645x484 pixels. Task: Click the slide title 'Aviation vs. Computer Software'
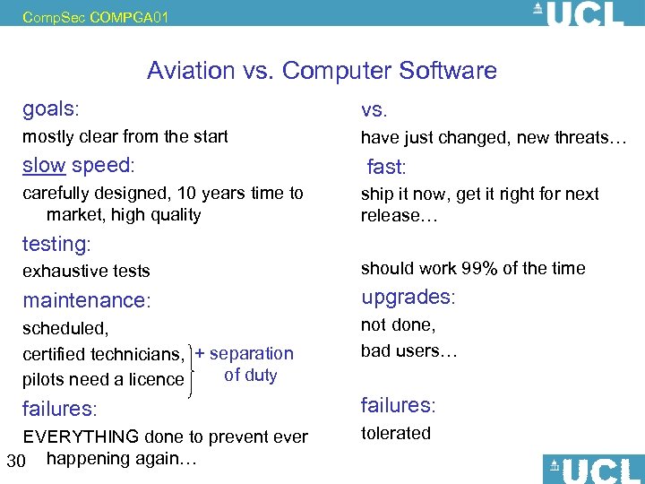point(322,71)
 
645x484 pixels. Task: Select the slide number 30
point(14,461)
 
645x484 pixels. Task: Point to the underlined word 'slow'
point(44,165)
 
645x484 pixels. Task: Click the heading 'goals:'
point(51,109)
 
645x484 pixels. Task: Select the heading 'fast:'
point(386,167)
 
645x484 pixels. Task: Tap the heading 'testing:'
point(57,243)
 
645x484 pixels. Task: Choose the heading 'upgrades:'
point(408,297)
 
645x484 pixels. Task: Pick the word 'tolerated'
point(396,433)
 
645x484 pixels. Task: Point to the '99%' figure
point(483,268)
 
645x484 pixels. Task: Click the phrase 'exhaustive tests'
point(86,271)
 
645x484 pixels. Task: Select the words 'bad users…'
point(408,350)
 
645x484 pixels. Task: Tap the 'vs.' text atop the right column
point(374,111)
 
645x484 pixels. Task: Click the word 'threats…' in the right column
point(597,137)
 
